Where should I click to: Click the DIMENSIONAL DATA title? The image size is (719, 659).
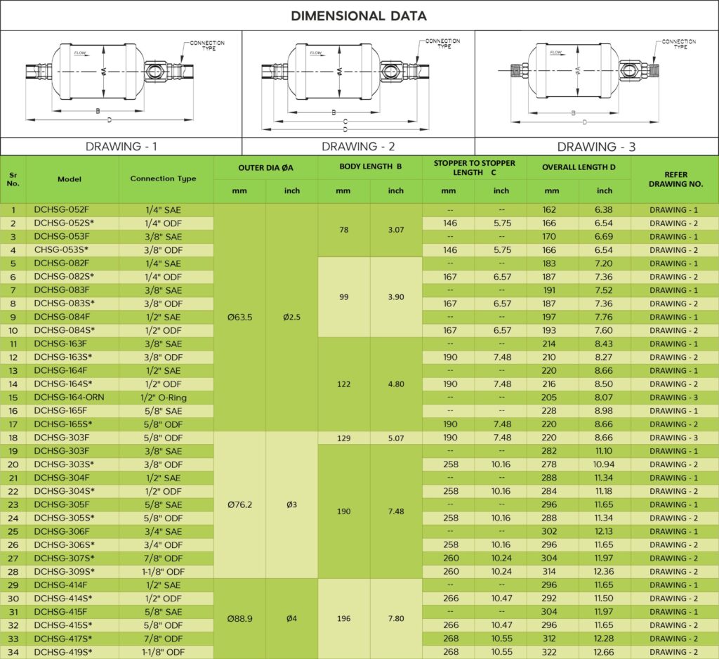pos(359,15)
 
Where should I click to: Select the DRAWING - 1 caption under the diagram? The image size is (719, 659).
pos(121,146)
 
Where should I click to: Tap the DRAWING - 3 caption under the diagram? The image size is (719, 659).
pos(596,146)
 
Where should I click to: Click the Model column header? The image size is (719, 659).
pos(70,179)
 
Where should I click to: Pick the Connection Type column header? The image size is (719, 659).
pos(163,178)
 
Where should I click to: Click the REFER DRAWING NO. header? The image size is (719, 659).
pos(675,179)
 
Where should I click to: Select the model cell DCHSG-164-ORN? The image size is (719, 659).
pos(71,398)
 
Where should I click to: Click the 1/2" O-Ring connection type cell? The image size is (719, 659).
pos(163,398)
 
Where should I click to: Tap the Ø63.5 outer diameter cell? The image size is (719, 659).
pos(240,317)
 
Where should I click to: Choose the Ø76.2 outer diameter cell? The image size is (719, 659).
pos(240,504)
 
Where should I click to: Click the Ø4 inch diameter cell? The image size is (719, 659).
pos(291,618)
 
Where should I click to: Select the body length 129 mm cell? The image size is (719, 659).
pos(344,438)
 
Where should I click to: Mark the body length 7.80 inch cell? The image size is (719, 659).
pos(396,618)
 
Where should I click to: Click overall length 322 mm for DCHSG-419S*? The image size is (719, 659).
pos(553,652)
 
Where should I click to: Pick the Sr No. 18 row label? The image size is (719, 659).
pos(13,438)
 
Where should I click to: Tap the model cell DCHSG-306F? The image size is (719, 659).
pos(62,531)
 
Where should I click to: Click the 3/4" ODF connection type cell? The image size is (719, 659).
pos(163,544)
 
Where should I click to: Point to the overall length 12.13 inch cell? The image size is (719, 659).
pos(605,531)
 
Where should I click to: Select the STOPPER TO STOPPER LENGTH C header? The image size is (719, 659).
pos(474,168)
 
